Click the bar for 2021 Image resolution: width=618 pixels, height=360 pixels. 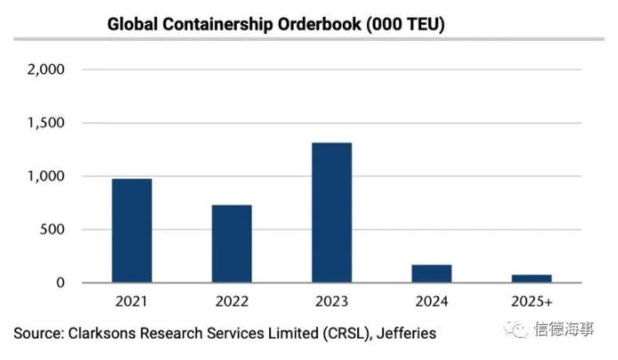coord(132,231)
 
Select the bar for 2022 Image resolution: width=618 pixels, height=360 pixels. coord(232,244)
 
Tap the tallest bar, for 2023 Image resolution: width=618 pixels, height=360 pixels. coord(331,213)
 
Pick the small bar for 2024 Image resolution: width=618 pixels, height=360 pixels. coord(432,274)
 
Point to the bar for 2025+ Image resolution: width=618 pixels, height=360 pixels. coord(532,278)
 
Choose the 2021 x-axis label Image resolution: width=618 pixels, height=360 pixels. coord(132,301)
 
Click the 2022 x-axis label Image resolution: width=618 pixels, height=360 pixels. coord(232,301)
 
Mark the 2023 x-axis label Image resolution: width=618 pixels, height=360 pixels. coord(331,301)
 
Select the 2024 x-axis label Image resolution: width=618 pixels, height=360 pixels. coord(432,301)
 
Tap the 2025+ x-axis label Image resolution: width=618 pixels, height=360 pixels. coord(532,301)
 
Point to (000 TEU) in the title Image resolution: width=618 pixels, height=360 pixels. coord(401,24)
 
